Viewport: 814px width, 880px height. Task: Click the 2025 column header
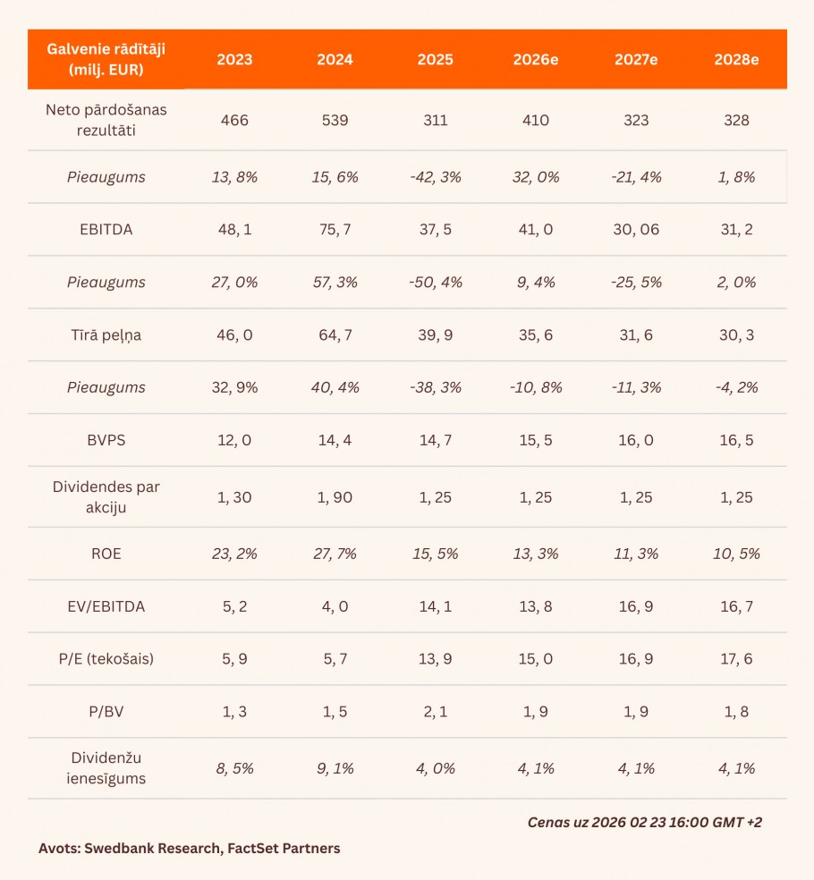[435, 60]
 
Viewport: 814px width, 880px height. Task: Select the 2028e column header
[736, 60]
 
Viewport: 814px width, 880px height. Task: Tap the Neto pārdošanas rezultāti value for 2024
[335, 120]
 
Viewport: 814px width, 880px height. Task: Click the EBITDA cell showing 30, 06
[637, 229]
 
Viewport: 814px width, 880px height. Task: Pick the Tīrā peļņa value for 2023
[234, 334]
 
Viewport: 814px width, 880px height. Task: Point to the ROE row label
[106, 554]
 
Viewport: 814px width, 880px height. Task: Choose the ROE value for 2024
[335, 554]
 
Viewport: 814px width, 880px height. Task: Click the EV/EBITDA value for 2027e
[637, 606]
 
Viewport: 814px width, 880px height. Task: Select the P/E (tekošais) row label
[106, 659]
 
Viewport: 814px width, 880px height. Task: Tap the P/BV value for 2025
[435, 712]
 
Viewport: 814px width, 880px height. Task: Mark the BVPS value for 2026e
[537, 440]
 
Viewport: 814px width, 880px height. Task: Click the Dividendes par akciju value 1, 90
[335, 497]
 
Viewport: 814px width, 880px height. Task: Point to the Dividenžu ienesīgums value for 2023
[234, 768]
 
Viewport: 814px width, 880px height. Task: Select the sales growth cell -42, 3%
[435, 177]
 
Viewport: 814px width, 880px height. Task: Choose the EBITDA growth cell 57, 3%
[335, 282]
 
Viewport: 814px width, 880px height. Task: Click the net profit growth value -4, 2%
[736, 387]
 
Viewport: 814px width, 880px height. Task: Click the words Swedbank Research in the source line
[142, 848]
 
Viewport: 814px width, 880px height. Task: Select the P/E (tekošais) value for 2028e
[736, 659]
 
